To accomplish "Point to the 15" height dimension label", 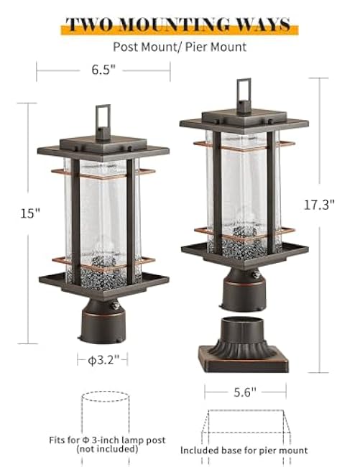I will (30, 213).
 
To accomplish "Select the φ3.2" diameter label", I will (103, 358).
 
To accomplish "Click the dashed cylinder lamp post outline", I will (105, 417).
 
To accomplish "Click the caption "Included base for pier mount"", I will (244, 450).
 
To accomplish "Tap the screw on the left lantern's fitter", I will (114, 305).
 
